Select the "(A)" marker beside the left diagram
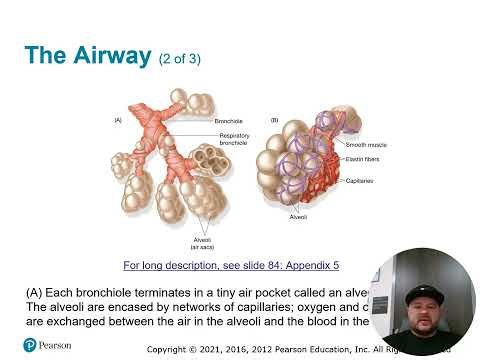click(x=117, y=119)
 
